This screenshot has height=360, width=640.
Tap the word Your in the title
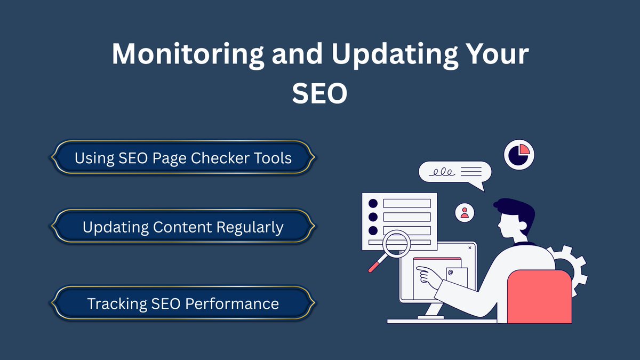click(497, 55)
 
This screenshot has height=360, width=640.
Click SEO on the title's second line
click(319, 94)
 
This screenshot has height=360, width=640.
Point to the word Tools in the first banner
click(273, 158)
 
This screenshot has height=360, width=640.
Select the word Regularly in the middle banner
click(250, 228)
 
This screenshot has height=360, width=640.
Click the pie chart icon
click(519, 155)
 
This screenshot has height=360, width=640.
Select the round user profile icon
click(465, 212)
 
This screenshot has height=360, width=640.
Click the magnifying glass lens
click(396, 244)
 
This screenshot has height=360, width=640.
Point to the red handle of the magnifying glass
click(377, 263)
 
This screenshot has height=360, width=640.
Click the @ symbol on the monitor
click(450, 273)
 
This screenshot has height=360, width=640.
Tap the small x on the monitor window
click(469, 247)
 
